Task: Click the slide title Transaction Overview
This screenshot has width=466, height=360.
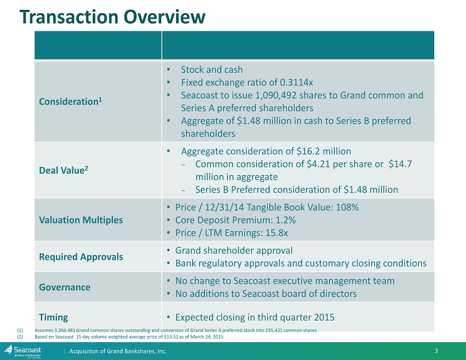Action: pos(112,18)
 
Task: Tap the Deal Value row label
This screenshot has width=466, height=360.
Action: pos(62,170)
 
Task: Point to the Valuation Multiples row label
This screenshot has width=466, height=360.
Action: pos(81,220)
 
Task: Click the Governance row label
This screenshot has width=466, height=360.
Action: pos(65,287)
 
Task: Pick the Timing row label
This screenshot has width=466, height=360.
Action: pos(53,317)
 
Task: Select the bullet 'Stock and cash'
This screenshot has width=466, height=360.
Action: pos(212,70)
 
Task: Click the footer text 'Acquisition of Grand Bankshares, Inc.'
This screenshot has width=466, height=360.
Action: pos(118,351)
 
